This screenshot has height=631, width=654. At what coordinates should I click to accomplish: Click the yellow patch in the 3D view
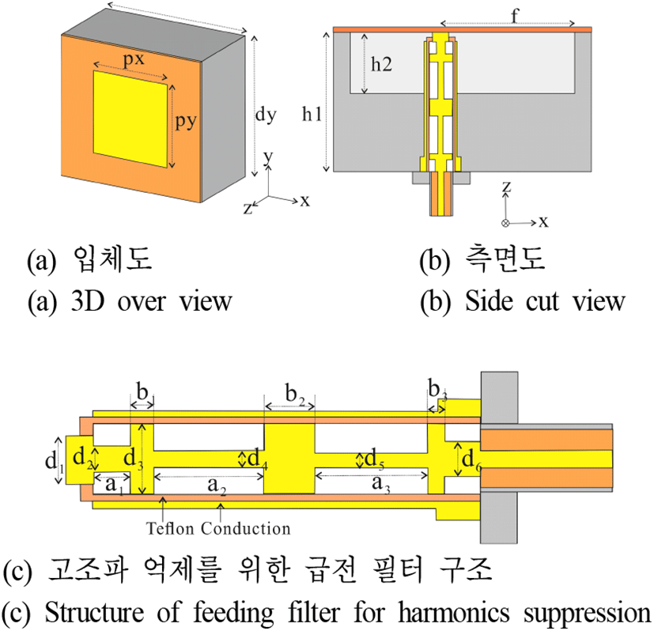click(x=130, y=119)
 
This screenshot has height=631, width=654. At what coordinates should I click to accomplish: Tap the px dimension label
click(x=134, y=59)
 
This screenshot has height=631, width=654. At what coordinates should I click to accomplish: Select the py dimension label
click(x=186, y=121)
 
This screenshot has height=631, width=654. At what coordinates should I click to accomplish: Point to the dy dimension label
click(x=266, y=114)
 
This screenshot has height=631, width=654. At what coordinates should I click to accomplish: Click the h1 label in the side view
click(x=312, y=113)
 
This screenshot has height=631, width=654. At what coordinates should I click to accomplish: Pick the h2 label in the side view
click(x=382, y=64)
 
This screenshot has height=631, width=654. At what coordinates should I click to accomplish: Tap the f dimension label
click(x=515, y=16)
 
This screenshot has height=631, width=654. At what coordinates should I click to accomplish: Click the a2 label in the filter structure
click(x=217, y=486)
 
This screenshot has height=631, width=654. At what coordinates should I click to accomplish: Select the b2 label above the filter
click(x=295, y=395)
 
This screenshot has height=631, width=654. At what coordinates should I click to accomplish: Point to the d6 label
click(x=472, y=460)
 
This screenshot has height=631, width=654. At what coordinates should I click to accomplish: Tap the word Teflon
click(x=170, y=528)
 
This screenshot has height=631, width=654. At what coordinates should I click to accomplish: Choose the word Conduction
click(x=245, y=528)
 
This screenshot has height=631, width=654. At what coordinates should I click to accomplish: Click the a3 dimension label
click(x=381, y=484)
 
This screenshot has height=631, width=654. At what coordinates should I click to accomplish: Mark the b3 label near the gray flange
click(x=437, y=390)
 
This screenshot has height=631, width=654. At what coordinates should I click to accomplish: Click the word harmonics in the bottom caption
click(x=453, y=613)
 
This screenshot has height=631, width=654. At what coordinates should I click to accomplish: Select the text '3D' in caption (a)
click(x=87, y=300)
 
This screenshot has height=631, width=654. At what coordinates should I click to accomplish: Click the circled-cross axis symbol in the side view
click(x=505, y=223)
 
